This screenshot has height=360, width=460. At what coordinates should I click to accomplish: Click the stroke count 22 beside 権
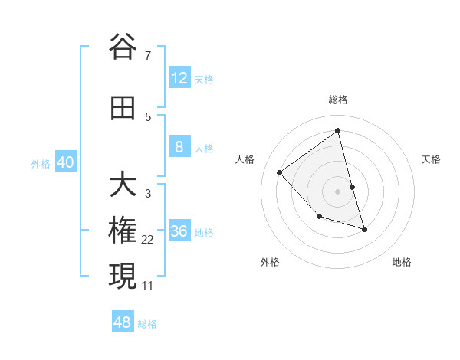[147, 240]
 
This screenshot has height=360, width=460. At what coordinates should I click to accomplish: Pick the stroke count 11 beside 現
[147, 286]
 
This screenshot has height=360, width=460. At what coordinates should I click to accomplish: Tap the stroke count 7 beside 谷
[147, 56]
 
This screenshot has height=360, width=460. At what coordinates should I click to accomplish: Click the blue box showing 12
[179, 78]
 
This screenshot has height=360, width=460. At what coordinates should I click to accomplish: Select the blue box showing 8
[179, 147]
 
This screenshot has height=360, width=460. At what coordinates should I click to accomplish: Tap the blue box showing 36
[179, 231]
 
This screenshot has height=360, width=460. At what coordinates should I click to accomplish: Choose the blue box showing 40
[65, 162]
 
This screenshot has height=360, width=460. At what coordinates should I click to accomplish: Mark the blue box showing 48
[123, 322]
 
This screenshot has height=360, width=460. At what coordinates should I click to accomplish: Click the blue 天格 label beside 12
[204, 80]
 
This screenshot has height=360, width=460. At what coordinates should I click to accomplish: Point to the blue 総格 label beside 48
[147, 324]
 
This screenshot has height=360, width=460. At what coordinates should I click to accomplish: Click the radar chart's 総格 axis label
[337, 100]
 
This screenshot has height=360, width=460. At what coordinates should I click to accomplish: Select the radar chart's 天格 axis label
[431, 159]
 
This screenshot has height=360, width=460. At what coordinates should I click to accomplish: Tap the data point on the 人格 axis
[280, 172]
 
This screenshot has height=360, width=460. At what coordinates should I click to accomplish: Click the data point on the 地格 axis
[364, 229]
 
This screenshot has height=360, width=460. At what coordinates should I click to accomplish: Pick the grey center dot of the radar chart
[337, 191]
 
